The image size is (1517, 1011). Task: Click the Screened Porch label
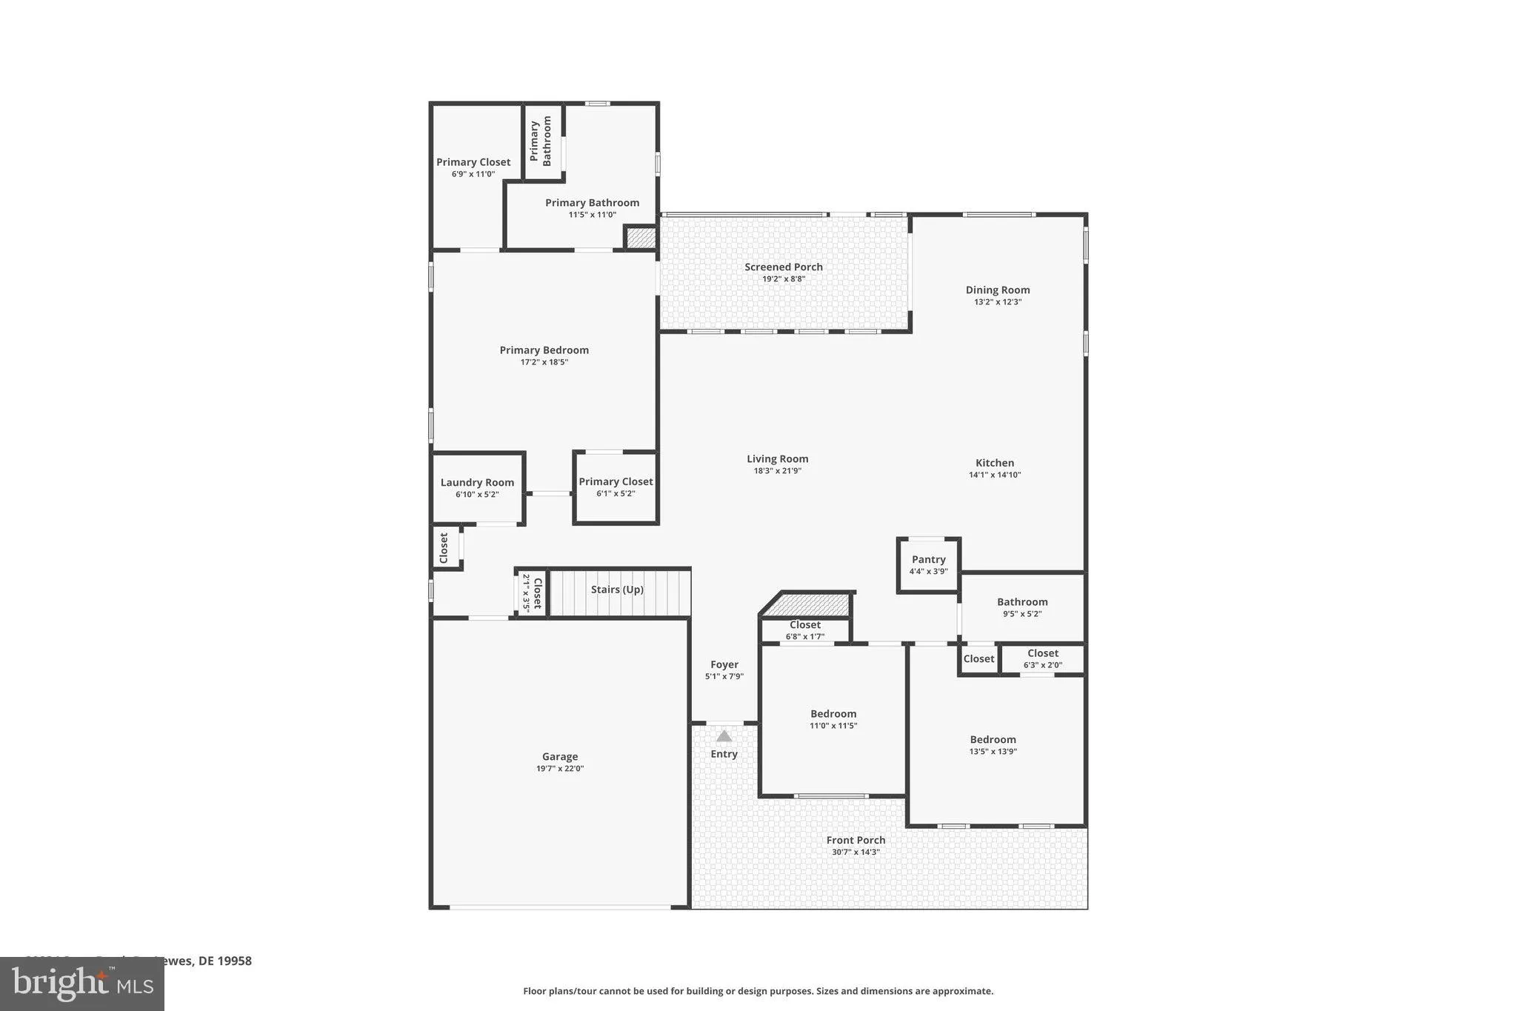click(x=783, y=267)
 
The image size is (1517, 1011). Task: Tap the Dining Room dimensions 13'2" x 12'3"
click(x=997, y=302)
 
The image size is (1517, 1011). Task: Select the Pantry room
click(x=928, y=565)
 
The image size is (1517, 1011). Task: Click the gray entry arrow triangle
click(x=724, y=736)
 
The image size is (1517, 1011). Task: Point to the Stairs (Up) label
click(x=617, y=590)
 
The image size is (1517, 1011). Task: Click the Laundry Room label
click(x=477, y=483)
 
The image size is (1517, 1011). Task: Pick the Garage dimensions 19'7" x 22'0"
click(x=560, y=769)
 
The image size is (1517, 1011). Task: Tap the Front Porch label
click(x=856, y=840)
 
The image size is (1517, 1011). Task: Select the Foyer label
click(x=724, y=665)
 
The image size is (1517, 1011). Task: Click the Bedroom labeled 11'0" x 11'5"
click(x=833, y=719)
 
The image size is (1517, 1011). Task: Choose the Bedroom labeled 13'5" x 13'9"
click(x=993, y=744)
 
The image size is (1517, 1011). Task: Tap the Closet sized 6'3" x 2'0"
click(x=1042, y=658)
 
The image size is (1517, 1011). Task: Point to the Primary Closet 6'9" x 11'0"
click(x=473, y=167)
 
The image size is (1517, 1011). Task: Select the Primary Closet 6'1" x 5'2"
click(x=616, y=487)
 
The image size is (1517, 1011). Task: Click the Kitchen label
click(x=994, y=463)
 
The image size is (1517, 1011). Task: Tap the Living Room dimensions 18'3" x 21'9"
click(x=777, y=471)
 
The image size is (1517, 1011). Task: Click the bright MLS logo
click(x=82, y=984)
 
